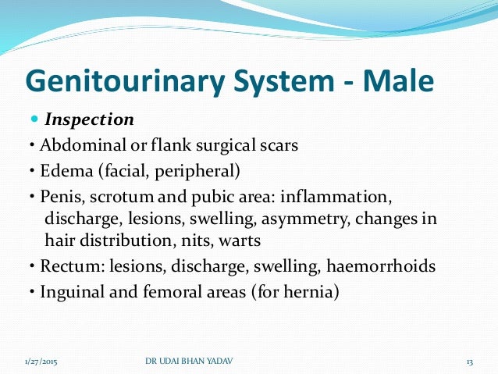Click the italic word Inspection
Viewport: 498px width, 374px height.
click(90, 120)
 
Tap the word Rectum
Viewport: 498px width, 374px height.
click(58, 266)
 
